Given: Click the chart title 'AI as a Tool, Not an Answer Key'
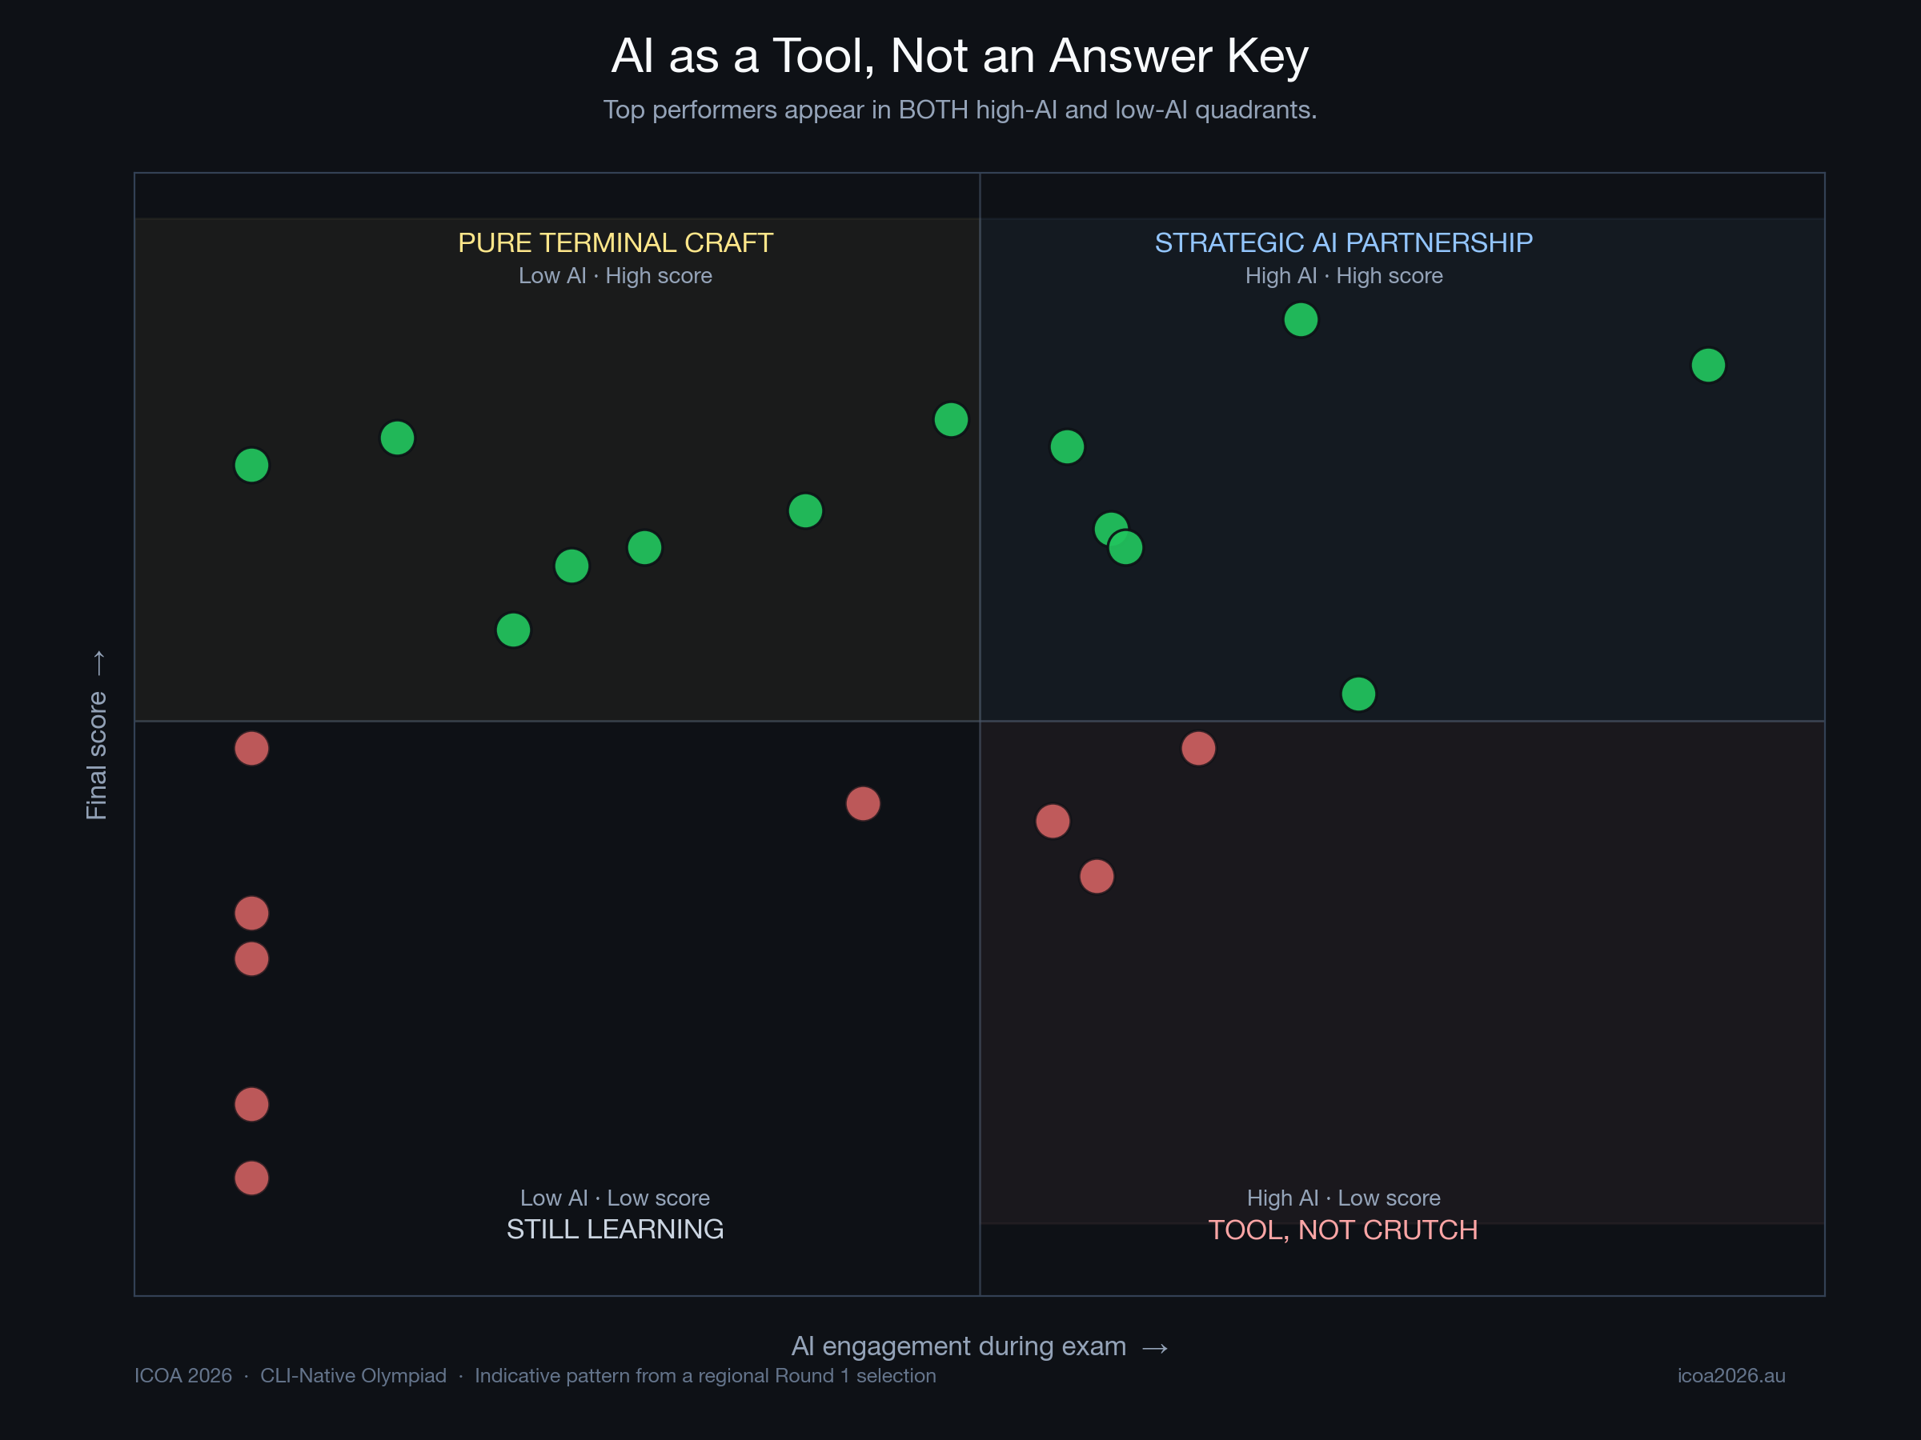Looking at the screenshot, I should coord(960,57).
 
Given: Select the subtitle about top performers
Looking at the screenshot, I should coord(960,110).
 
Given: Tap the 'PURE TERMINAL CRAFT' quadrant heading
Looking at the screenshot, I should coord(615,243).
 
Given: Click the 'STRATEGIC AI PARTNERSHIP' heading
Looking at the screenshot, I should coord(1342,243).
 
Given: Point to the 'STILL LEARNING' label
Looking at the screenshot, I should coord(615,1229).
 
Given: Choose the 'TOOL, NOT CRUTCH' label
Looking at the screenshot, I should coord(1342,1230).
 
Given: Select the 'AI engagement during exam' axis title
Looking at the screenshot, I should coord(959,1346).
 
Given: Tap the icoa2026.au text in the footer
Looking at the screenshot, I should coord(1731,1376).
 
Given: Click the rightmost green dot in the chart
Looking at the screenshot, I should coord(1707,366).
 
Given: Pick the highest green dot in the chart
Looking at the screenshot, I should coord(1300,319).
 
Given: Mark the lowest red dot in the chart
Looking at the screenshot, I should coord(252,1178).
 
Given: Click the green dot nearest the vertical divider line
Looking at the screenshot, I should coord(951,420).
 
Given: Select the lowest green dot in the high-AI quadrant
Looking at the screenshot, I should coord(1358,694).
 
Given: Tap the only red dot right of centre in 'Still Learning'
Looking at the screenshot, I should coord(862,804).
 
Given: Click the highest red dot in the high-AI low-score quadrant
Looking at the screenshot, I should coord(1197,748).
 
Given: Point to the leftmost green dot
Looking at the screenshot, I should coord(252,466).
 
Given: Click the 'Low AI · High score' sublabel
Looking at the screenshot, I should coord(615,276).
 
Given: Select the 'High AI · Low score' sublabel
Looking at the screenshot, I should coord(1342,1198).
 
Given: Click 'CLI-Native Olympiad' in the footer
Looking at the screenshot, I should coord(353,1376).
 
